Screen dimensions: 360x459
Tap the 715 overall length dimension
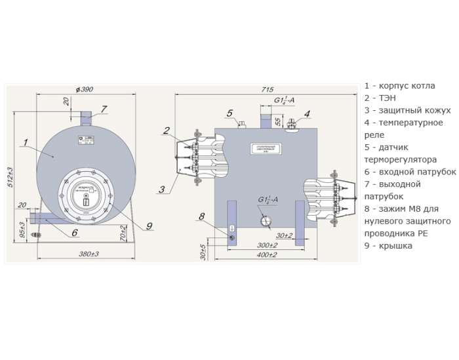coord(267,89)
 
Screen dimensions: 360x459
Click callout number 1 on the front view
coord(24,141)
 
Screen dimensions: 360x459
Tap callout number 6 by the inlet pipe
coord(74,232)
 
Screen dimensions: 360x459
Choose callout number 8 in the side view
coord(201,216)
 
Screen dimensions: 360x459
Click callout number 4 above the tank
coord(306,114)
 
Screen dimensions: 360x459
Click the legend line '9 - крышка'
coord(389,246)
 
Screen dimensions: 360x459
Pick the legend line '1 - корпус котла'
coord(399,86)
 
